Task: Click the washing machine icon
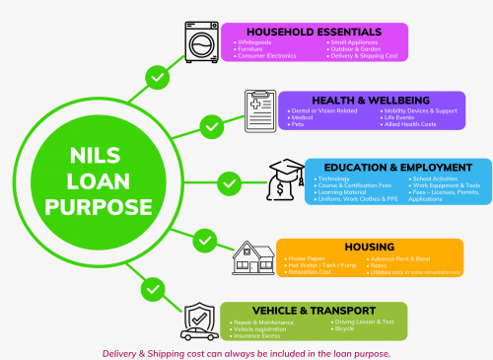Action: [202, 43]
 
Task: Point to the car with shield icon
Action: [202, 321]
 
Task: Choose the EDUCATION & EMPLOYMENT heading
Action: [392, 168]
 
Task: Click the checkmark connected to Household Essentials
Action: [155, 76]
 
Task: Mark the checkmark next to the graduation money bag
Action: [229, 183]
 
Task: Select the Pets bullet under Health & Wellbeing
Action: [296, 124]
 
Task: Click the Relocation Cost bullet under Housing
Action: [310, 271]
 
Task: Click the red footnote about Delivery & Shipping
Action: [246, 352]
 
